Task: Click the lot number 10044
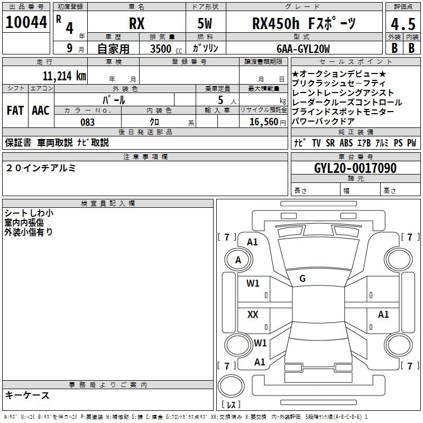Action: (26, 22)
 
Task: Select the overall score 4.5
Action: (403, 24)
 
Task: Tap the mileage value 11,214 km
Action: (64, 76)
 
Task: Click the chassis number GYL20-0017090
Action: (355, 168)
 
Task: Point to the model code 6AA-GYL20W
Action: (303, 49)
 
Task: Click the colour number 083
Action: (87, 122)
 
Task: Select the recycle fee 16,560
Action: (264, 122)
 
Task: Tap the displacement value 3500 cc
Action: (166, 49)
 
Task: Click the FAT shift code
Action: (15, 111)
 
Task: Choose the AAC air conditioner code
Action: (41, 111)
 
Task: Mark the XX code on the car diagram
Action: (253, 314)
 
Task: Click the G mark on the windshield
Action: (302, 279)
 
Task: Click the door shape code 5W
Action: (205, 23)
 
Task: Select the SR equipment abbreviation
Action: (330, 143)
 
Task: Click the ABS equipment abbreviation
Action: (346, 143)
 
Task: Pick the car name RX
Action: (137, 23)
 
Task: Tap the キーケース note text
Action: (27, 396)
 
